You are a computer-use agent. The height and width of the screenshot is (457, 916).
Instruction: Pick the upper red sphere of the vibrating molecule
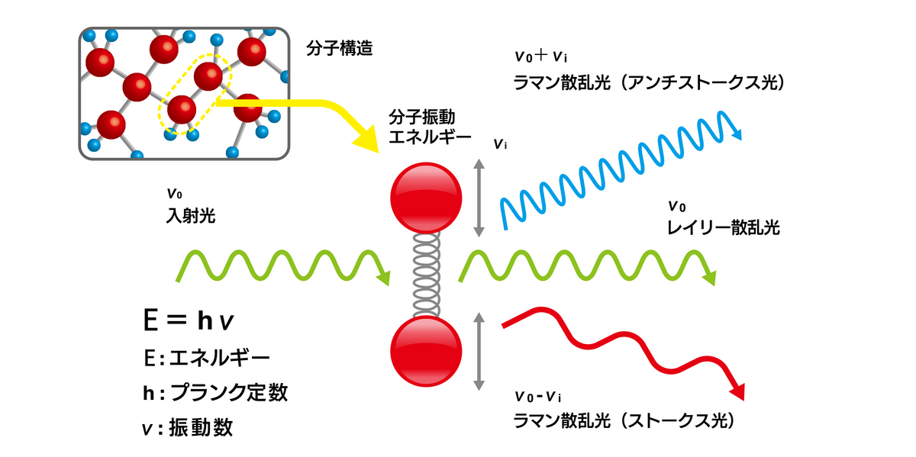pos(425,197)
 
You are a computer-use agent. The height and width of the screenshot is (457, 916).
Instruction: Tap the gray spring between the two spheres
pos(425,275)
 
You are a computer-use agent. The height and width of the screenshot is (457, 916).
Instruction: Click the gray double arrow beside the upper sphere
pos(479,197)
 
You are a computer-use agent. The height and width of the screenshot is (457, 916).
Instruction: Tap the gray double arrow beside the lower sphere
pos(479,351)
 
